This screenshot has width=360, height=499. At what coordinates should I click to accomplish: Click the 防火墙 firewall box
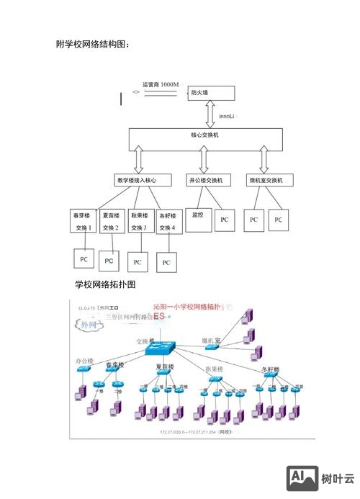[211, 93]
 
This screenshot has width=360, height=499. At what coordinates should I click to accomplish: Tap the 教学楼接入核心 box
[141, 180]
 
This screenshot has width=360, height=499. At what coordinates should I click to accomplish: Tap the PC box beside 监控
[224, 220]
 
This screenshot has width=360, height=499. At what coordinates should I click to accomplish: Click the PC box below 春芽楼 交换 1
[84, 259]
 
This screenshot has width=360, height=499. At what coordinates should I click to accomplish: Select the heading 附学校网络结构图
[91, 45]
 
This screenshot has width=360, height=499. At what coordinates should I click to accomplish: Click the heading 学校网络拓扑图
[105, 285]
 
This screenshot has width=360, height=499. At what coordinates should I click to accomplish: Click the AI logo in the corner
[302, 477]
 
